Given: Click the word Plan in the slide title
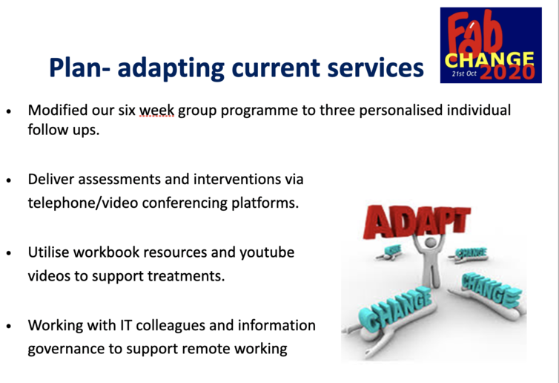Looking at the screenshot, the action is (76, 67).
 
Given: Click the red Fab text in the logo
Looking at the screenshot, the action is (476, 35).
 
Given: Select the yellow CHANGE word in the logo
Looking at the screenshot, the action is (490, 60).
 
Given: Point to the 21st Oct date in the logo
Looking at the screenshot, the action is (464, 73).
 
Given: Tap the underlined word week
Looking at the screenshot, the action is (157, 111).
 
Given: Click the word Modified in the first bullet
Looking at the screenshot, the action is (58, 110).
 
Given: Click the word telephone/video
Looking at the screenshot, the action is (83, 203).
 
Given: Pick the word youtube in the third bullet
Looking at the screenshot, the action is (267, 252).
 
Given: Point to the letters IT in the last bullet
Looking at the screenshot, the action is (125, 325).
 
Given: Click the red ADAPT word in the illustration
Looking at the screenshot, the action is (416, 221).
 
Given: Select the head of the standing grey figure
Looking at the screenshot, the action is (430, 243).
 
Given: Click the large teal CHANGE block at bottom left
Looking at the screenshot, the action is (399, 308).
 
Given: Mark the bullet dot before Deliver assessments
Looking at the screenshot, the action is (9, 180).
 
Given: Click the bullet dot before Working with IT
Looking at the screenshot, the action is (9, 327).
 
